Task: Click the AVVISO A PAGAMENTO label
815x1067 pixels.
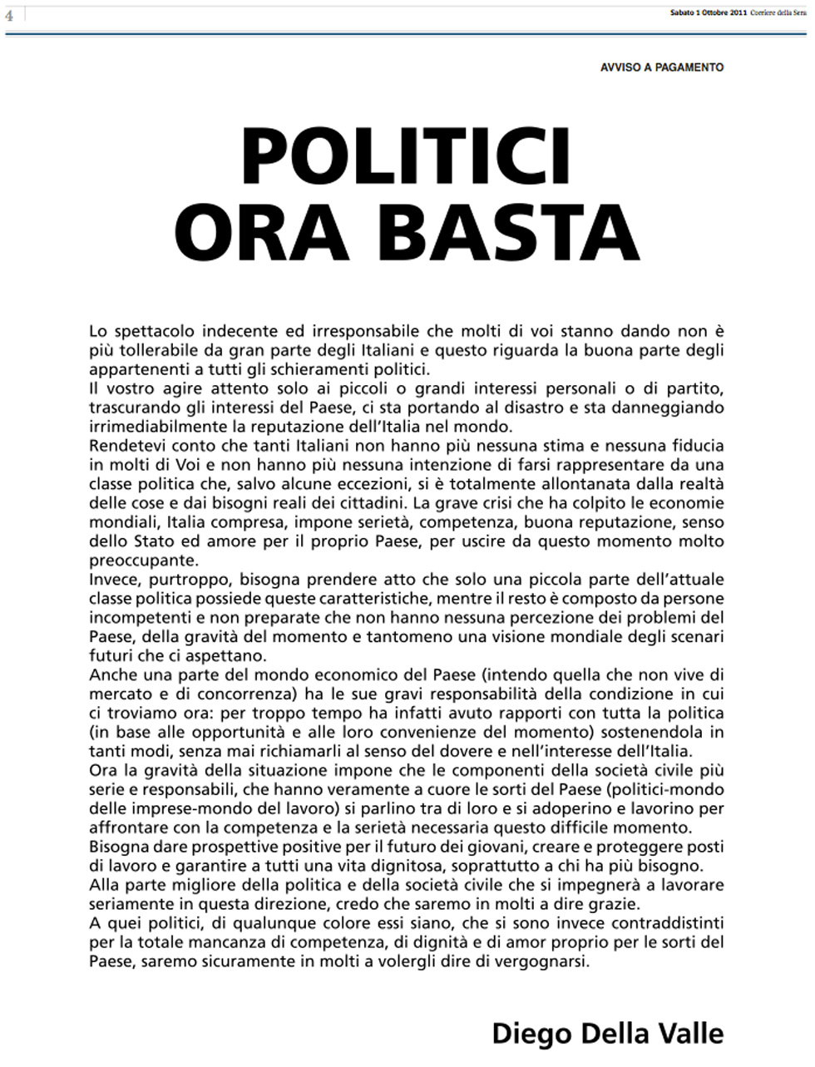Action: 662,67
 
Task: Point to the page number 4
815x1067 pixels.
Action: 10,15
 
